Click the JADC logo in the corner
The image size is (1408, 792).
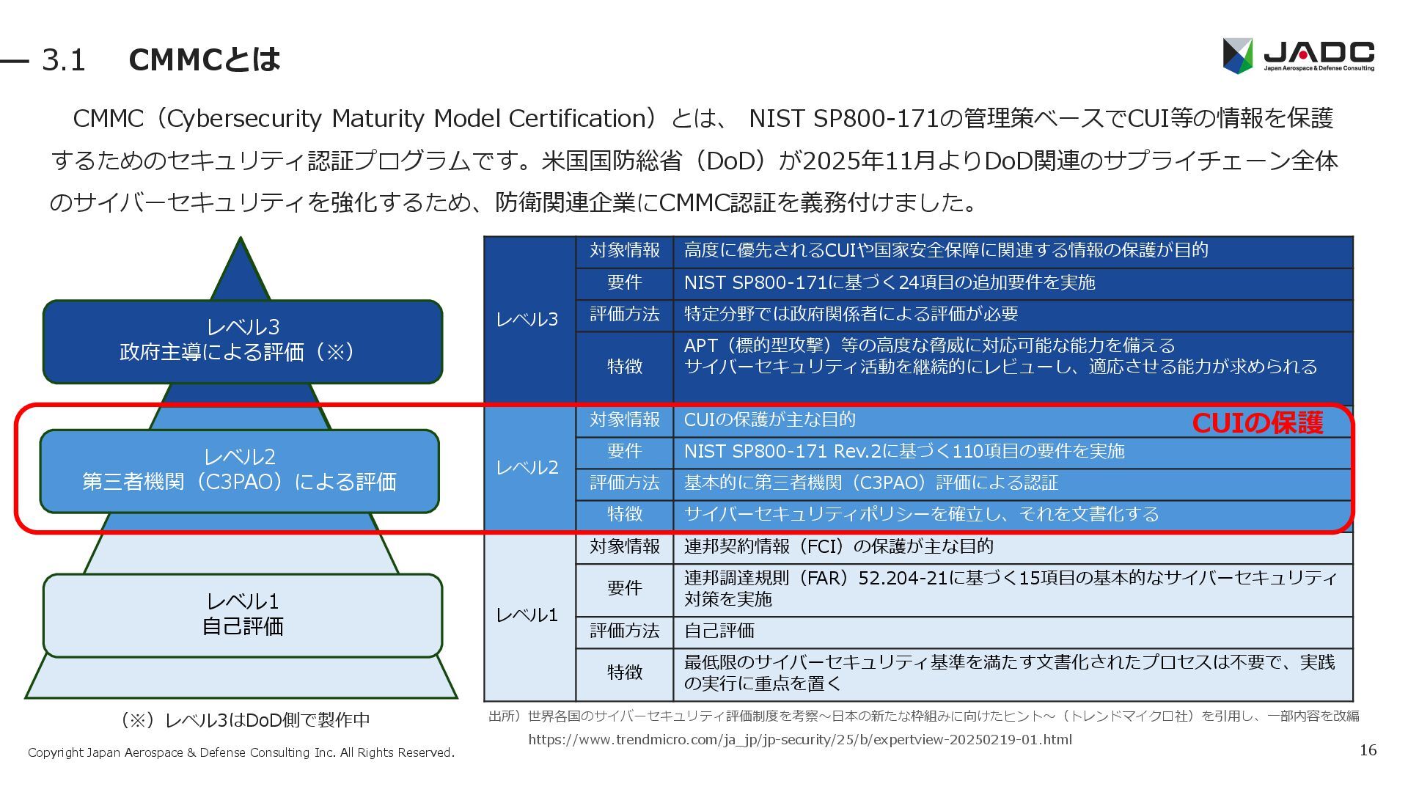1298,55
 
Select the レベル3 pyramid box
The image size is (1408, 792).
242,341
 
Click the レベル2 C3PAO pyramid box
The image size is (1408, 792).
239,470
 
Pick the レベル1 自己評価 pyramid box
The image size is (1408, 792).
242,615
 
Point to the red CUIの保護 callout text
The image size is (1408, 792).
1257,423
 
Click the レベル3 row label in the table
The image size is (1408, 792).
527,319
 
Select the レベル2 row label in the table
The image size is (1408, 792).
527,467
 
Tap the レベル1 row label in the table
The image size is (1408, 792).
527,615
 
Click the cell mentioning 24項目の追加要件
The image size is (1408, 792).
889,283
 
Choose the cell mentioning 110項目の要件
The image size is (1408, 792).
903,451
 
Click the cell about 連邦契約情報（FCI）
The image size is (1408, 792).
838,546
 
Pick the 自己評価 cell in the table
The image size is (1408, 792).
719,631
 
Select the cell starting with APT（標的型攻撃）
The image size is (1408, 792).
1000,356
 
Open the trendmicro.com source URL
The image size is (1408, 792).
799,739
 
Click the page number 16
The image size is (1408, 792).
1368,749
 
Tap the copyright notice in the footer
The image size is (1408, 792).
241,752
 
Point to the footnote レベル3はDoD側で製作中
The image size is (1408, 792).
245,720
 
